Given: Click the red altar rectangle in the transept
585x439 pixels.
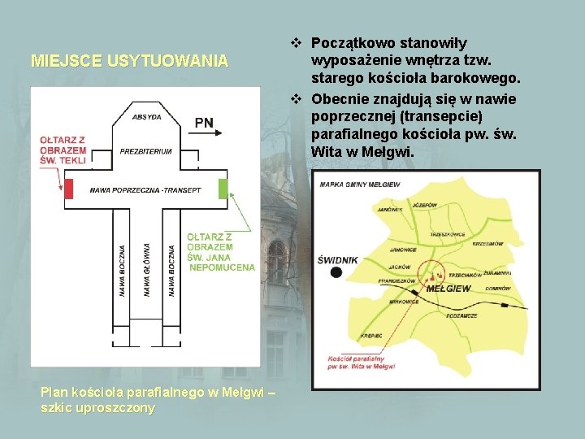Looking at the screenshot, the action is click(x=69, y=189).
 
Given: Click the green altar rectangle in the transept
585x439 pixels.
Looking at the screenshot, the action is click(x=223, y=189).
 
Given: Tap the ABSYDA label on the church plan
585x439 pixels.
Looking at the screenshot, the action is click(x=146, y=116).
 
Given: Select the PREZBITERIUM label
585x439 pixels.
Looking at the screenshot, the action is click(x=146, y=151).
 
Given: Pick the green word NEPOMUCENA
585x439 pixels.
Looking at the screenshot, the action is click(x=221, y=267).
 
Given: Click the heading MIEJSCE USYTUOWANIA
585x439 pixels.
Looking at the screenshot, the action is click(x=129, y=60).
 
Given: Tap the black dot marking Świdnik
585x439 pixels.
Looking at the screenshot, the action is click(x=336, y=272).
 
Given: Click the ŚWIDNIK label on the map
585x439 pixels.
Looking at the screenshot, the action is click(x=337, y=259).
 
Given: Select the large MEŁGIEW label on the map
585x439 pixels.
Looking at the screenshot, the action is click(x=448, y=288).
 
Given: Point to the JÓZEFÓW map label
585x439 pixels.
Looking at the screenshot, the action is click(x=424, y=205).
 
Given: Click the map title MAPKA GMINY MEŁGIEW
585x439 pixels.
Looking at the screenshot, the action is click(x=360, y=185).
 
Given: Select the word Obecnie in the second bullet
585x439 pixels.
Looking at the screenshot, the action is click(x=340, y=99).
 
